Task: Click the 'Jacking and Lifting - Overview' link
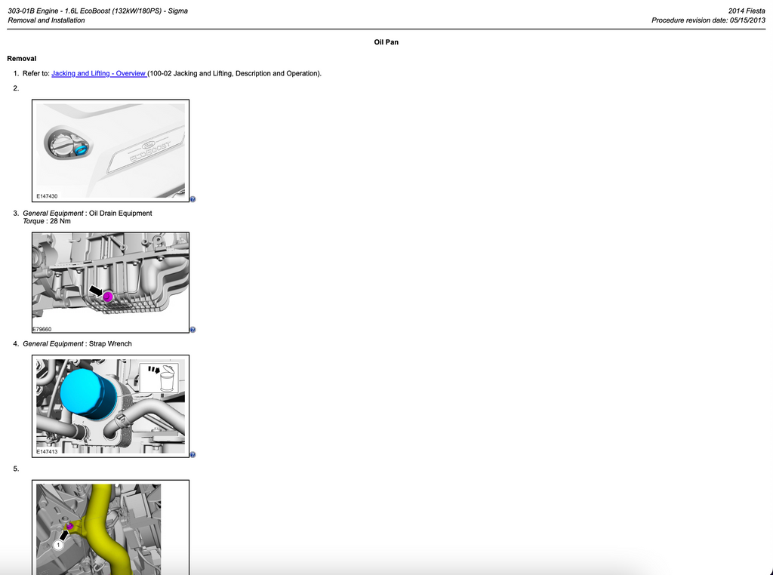99,73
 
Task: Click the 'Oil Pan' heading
386,42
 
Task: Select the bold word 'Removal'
22,59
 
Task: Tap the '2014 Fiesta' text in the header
747,11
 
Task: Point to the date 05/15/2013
747,20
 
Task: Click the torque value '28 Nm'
60,221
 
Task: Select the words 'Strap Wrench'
110,344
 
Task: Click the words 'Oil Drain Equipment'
120,214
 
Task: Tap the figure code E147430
47,196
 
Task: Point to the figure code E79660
42,329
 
